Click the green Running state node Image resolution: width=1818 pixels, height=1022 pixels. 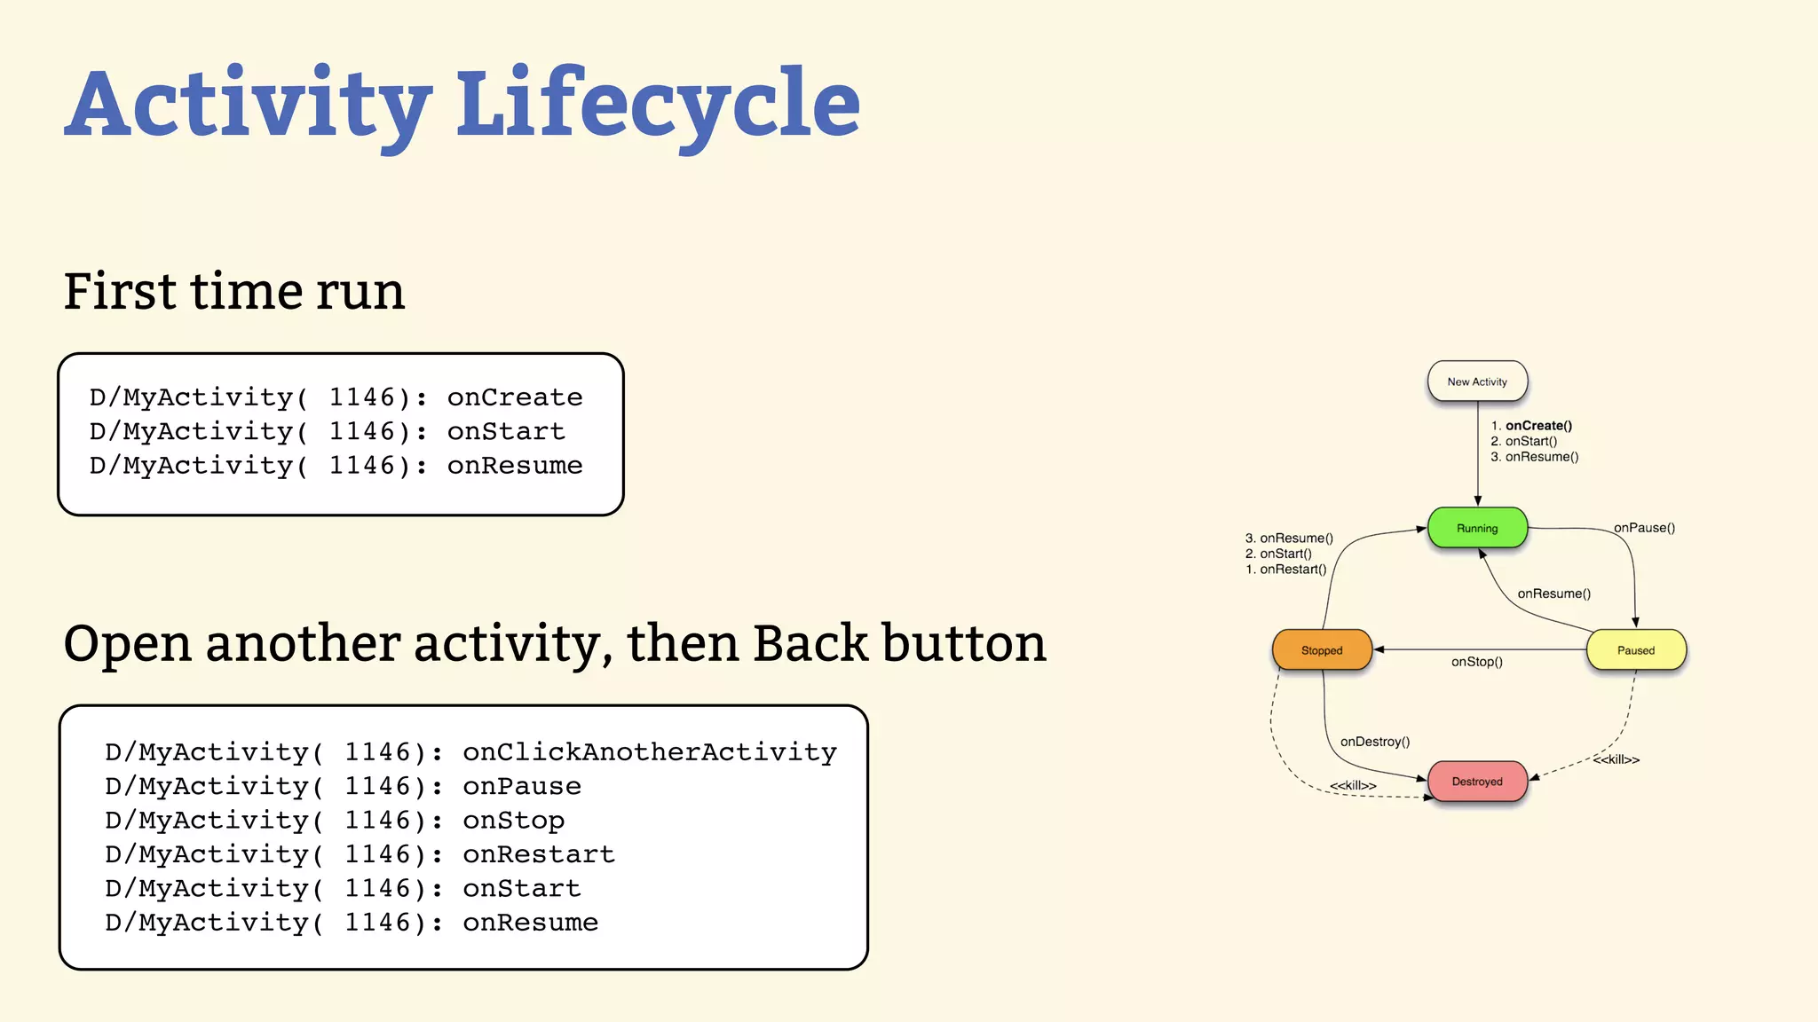(x=1477, y=528)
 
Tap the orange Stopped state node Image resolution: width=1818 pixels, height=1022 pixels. (x=1322, y=650)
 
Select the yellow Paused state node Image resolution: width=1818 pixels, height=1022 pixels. (x=1635, y=650)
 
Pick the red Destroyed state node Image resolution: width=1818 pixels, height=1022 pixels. (x=1477, y=782)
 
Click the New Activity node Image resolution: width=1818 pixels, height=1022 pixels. (x=1477, y=381)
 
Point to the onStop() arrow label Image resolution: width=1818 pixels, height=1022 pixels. (x=1476, y=662)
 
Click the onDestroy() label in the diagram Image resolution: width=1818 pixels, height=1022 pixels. (x=1374, y=742)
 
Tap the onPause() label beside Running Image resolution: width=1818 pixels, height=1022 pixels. (x=1644, y=528)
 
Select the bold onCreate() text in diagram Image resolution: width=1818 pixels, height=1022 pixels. (x=1538, y=426)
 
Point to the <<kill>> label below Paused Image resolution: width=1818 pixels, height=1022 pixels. (x=1616, y=759)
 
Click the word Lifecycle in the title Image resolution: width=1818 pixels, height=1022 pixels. (x=658, y=105)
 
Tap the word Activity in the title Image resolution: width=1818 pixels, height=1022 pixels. (x=249, y=105)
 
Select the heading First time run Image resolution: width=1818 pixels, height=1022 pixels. (x=234, y=291)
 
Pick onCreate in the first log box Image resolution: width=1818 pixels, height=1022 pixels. (x=515, y=397)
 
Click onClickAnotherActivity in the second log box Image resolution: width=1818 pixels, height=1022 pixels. (x=649, y=752)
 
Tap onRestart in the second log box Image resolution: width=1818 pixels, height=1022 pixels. (x=538, y=854)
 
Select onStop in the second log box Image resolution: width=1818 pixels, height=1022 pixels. (x=513, y=821)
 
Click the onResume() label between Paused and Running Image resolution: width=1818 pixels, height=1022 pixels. (x=1553, y=594)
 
